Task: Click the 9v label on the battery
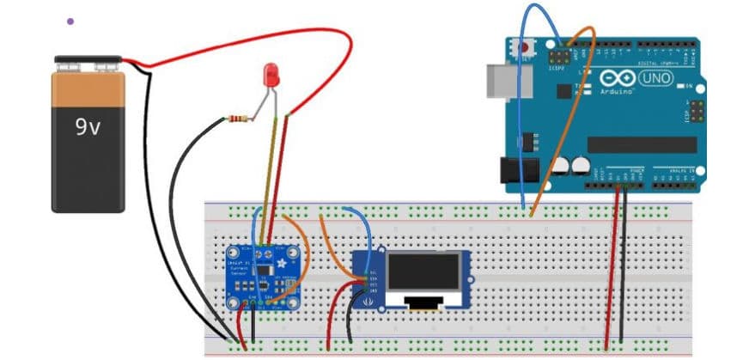coord(88,128)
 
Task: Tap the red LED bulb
coord(271,74)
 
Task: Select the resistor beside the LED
coord(243,118)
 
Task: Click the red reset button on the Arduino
coord(525,48)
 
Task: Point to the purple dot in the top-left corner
coord(70,21)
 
